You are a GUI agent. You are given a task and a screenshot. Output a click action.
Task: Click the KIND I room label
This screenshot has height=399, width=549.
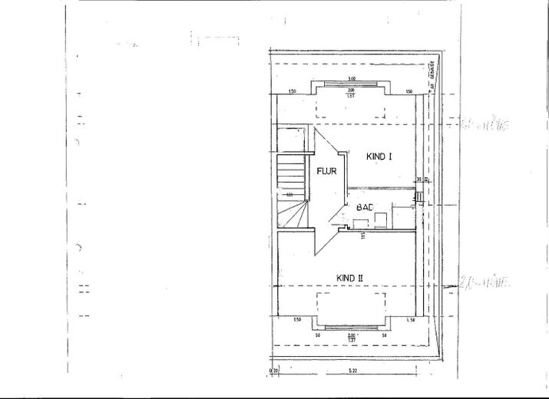coord(379,156)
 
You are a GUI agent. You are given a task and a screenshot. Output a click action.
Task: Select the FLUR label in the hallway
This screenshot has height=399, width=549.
coord(328,171)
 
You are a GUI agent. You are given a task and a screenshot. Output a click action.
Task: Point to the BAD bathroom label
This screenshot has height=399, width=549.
coord(364,207)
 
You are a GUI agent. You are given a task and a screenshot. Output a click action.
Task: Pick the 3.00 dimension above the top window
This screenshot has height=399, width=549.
coord(351,78)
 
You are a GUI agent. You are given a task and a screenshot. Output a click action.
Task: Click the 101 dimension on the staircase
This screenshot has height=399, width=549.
coord(290,195)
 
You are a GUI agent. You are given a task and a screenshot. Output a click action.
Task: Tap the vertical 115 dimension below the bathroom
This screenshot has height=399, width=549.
coord(362,236)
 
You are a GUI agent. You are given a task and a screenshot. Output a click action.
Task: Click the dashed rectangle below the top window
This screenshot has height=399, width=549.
coord(351,108)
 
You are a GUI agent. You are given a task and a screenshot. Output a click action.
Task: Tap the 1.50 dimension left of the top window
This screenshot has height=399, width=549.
coord(292,91)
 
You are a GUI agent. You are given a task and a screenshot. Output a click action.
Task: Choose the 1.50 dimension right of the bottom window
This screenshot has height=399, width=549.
coord(411,319)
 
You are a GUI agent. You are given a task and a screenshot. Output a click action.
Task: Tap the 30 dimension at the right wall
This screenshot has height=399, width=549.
coord(419,180)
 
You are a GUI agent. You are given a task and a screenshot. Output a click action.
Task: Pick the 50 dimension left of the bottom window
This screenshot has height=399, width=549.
coord(317,335)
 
